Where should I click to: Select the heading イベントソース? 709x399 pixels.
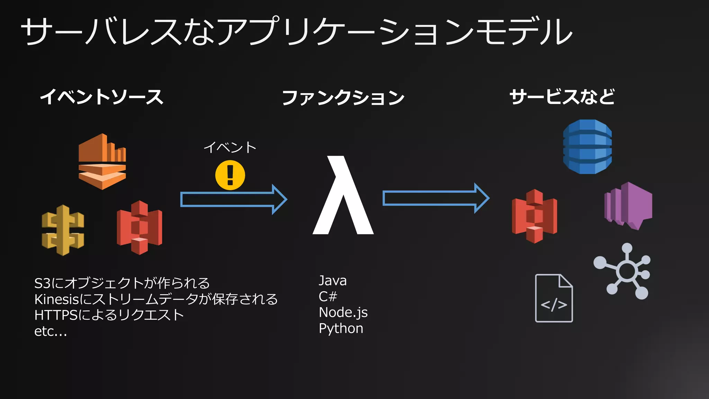[x=101, y=97]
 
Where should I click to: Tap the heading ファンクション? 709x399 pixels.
[x=343, y=97]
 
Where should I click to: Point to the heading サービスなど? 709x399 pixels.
[x=562, y=97]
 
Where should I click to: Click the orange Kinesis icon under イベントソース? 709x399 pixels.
[x=102, y=161]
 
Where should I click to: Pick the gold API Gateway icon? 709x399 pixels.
[x=63, y=230]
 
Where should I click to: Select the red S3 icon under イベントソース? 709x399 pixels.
[x=140, y=228]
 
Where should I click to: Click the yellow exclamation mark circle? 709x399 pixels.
[x=230, y=175]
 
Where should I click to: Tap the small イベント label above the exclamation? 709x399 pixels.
[x=230, y=148]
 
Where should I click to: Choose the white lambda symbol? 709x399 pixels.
[x=343, y=196]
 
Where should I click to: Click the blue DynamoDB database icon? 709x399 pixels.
[x=587, y=147]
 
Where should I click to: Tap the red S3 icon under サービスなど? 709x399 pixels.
[x=535, y=216]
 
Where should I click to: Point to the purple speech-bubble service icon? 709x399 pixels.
[x=628, y=206]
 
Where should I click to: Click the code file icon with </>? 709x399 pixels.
[x=554, y=298]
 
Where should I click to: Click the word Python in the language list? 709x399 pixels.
[x=341, y=328]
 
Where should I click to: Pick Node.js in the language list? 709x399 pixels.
[x=343, y=312]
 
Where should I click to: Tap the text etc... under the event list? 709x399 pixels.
[x=51, y=331]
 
